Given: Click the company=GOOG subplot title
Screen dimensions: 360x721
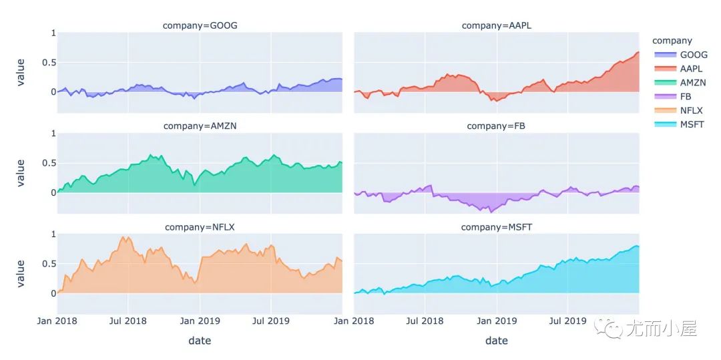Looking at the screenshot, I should [200, 25].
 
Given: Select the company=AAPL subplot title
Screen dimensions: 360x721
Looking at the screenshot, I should [496, 25].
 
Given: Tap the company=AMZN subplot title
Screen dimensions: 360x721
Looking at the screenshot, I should [200, 126].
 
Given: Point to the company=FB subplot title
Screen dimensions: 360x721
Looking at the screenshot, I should [496, 126].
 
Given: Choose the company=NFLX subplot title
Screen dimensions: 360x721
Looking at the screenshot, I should [200, 227].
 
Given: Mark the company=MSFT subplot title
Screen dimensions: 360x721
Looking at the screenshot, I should [496, 227].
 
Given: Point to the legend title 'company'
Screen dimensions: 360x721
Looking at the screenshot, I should [672, 41].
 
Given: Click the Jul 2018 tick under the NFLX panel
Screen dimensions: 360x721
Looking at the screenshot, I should [128, 321].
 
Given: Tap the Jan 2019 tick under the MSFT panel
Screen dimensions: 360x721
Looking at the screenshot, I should [496, 321].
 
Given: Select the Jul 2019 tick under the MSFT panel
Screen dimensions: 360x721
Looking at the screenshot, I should [567, 321].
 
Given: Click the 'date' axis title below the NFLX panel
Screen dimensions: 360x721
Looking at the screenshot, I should [200, 341].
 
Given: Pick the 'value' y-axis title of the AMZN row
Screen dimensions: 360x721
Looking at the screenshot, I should [21, 172].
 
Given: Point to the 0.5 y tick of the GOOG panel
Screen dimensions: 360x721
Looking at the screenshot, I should [46, 63].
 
